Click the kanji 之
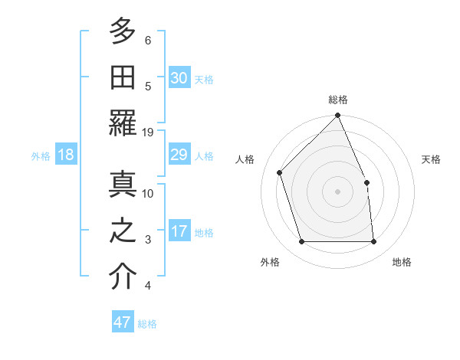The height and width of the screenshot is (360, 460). pos(123,232)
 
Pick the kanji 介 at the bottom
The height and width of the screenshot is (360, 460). pos(123,277)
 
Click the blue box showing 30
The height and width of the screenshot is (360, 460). pos(179,77)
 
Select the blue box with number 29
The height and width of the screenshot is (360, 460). pos(179,155)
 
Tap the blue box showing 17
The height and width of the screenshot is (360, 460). pos(179,231)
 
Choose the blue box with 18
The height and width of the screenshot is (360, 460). pos(66,155)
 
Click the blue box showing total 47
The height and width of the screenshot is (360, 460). pos(123,322)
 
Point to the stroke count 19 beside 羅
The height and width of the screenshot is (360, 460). pos(148,133)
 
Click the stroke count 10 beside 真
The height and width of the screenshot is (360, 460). pos(148,193)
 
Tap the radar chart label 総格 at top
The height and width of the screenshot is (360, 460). pos(338,100)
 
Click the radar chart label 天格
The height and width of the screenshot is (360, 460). pos(432,159)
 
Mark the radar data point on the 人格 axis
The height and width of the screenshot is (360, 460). pos(280,172)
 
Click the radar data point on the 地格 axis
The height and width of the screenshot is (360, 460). pos(374,242)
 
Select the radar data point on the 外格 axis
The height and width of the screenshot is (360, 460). pos(302,242)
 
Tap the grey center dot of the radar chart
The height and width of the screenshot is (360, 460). pos(338,191)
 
